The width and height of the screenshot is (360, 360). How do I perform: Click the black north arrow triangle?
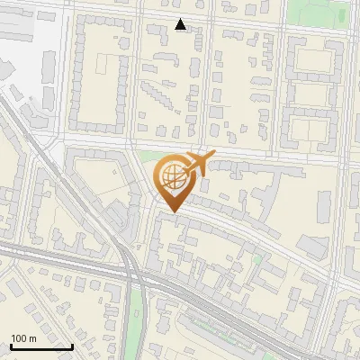point(181,24)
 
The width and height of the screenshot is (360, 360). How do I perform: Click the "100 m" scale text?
point(23,338)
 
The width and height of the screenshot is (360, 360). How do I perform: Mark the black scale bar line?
point(41,346)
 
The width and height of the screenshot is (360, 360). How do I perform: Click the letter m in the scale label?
point(32,338)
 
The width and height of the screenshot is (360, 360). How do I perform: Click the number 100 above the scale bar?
point(19,338)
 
